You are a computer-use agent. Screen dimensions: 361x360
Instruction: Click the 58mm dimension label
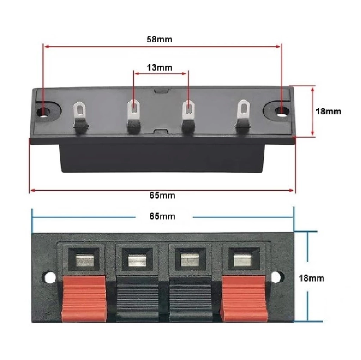[159, 39]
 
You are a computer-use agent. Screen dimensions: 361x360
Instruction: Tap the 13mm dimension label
[159, 68]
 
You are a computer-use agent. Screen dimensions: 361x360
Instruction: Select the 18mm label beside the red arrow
[328, 111]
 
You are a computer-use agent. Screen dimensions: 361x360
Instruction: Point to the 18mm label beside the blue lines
[311, 278]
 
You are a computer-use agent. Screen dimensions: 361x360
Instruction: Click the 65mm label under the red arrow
[162, 196]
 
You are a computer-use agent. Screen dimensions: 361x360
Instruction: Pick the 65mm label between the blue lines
[162, 216]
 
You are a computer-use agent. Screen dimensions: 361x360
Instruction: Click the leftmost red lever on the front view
[84, 299]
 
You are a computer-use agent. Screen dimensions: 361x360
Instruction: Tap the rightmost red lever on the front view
[244, 299]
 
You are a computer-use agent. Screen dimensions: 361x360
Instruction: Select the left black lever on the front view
[137, 299]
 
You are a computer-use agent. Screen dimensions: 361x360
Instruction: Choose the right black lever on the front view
[191, 299]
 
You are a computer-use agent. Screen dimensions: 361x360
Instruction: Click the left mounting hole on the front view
[50, 277]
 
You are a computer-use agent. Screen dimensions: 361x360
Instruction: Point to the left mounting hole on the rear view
[43, 112]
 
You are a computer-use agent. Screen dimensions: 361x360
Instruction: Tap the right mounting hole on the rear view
[282, 111]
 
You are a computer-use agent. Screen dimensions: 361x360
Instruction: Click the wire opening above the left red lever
[84, 259]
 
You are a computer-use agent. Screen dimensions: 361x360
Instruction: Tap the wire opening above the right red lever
[244, 259]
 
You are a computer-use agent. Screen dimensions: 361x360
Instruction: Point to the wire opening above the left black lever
[137, 259]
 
